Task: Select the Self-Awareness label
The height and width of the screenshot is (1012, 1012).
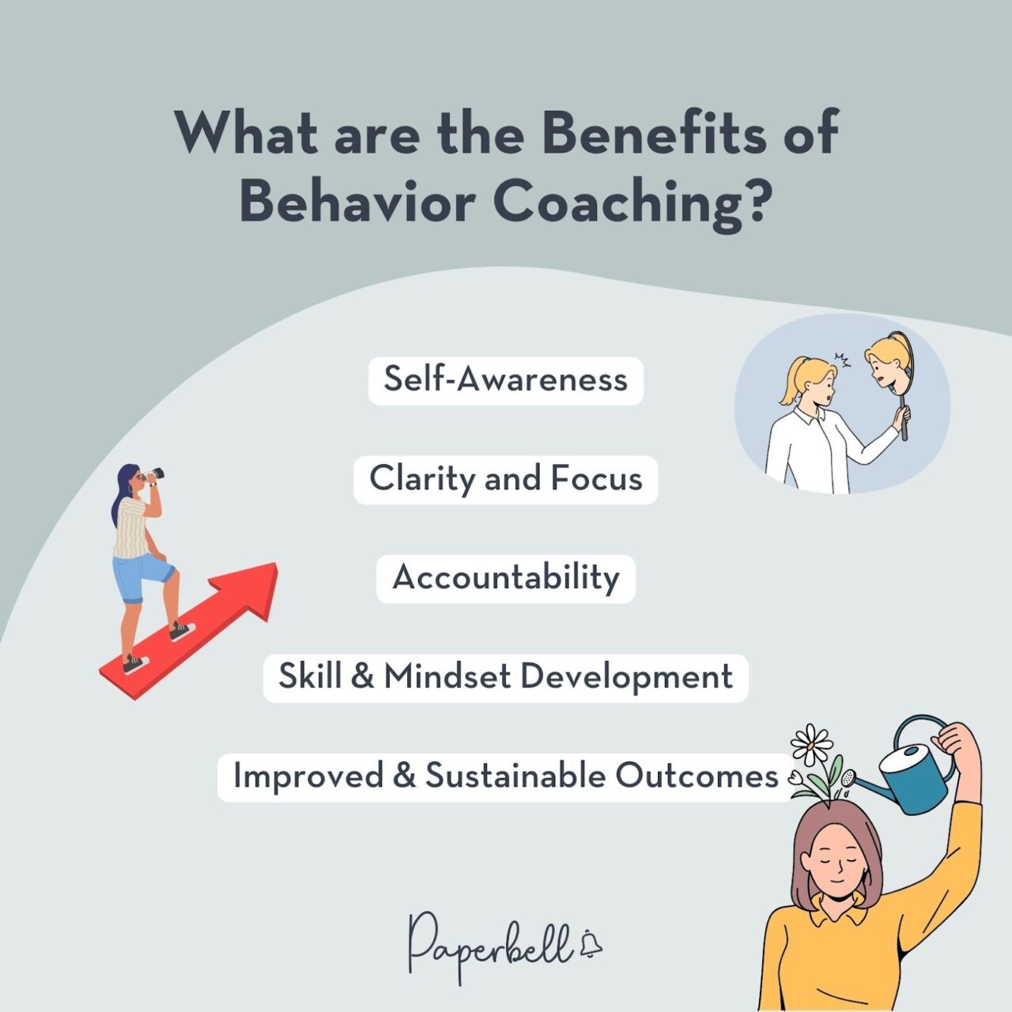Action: pos(505,380)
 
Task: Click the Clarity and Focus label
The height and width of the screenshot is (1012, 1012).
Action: pos(505,479)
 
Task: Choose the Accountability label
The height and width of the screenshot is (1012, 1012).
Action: pos(505,578)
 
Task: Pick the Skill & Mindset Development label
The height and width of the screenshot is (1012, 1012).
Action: pos(505,678)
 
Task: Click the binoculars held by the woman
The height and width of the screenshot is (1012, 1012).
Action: pos(153,474)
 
